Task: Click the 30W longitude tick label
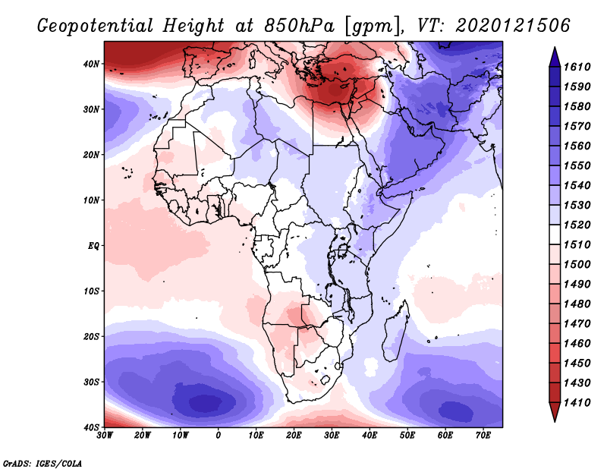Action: (x=105, y=435)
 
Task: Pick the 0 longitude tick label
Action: (x=219, y=435)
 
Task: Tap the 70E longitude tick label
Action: (x=483, y=435)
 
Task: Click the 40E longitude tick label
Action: (x=370, y=435)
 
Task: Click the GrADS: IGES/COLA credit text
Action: (x=42, y=462)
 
